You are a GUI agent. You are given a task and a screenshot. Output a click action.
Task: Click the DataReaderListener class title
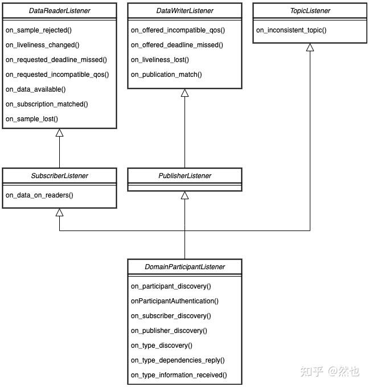coord(60,11)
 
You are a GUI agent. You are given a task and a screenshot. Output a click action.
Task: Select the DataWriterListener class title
coord(184,11)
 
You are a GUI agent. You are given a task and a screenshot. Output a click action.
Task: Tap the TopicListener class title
coord(310,11)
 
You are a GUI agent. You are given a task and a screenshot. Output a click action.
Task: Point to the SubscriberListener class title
coord(60,176)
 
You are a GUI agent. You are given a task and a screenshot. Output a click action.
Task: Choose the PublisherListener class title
coord(184,176)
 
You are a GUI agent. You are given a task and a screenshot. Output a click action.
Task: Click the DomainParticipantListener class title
coord(184,267)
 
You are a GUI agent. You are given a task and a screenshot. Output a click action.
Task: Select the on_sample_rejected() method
coord(39,30)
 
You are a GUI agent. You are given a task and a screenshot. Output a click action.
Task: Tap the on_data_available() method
coord(35,89)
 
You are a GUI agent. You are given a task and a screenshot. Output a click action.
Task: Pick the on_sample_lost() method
coord(32,119)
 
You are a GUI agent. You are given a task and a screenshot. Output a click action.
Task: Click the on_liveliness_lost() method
coord(160,60)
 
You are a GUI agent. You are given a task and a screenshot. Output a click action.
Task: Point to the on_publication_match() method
coord(166,75)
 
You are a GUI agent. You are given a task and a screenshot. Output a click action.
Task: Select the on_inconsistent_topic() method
coord(291,30)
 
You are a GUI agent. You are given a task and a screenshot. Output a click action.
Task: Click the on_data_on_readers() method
coord(39,195)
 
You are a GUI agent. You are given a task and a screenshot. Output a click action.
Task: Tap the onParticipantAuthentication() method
coord(175,301)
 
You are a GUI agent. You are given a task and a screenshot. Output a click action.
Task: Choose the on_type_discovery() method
coord(162,345)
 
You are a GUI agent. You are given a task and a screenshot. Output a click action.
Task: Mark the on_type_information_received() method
coord(179,375)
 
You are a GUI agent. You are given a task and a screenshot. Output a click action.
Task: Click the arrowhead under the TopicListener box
coord(310,47)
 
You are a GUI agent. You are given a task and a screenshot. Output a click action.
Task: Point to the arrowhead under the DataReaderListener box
coord(60,133)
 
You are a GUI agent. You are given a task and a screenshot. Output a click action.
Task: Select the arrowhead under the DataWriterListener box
coord(184,93)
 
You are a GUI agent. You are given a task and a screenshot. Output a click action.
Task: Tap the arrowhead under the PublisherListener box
coord(184,195)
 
